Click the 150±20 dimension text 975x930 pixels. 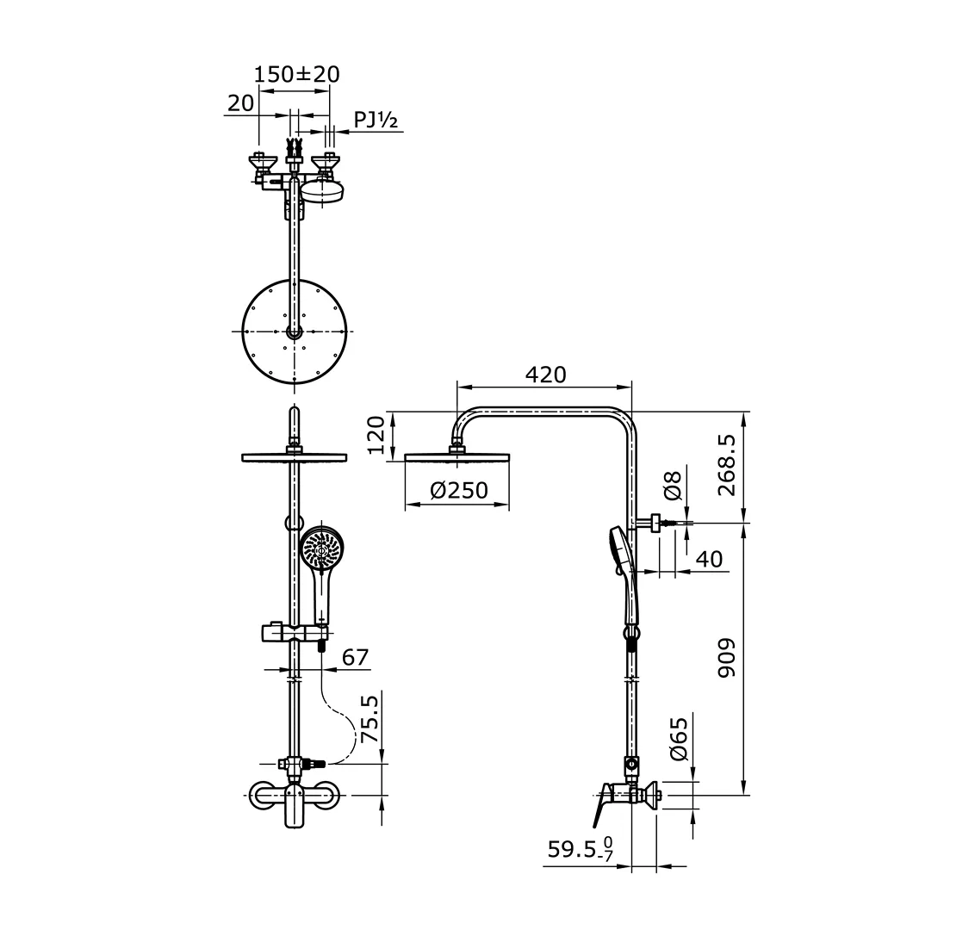pos(297,74)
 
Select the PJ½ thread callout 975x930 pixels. pos(376,121)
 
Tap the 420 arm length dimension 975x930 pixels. pos(545,375)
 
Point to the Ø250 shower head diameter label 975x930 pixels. pos(458,491)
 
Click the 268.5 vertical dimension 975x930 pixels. pos(728,465)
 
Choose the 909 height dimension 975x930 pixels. pos(728,657)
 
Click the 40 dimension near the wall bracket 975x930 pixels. pos(709,559)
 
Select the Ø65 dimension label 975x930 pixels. pos(678,739)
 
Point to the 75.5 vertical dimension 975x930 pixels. pos(370,721)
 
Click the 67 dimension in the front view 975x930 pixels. pos(355,658)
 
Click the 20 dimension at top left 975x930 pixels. pos(240,103)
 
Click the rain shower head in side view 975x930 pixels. pos(456,457)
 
